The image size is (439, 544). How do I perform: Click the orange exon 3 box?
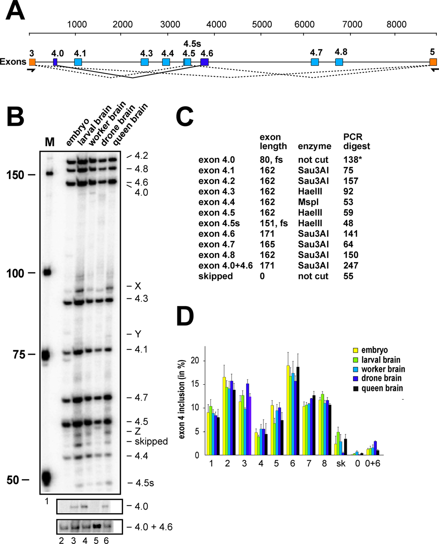pyautogui.click(x=32, y=62)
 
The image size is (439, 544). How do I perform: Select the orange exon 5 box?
pyautogui.click(x=433, y=62)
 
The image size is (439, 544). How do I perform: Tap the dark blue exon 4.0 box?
pyautogui.click(x=55, y=62)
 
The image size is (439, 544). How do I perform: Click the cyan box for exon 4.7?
pyautogui.click(x=315, y=62)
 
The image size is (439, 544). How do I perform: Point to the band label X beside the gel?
pyautogui.click(x=138, y=286)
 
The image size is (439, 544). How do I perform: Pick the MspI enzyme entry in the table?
pyautogui.click(x=308, y=202)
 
